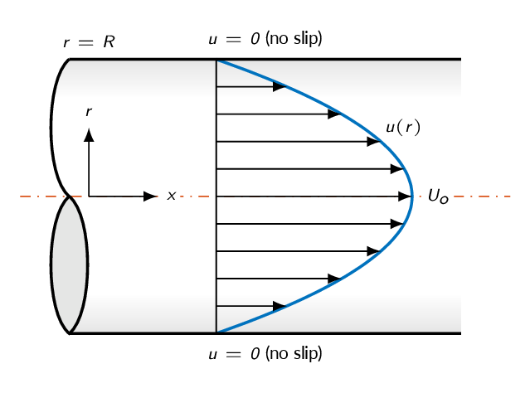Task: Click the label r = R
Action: (x=90, y=42)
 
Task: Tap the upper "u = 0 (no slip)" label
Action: (x=265, y=38)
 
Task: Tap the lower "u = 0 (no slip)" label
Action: (x=265, y=354)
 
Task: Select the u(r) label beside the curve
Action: (x=403, y=128)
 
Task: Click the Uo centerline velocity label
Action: (x=438, y=196)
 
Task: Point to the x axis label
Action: (x=172, y=196)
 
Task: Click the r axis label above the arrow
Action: (x=89, y=111)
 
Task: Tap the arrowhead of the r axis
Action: (x=89, y=135)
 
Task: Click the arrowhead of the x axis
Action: (x=150, y=196)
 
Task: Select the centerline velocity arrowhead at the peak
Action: (x=405, y=196)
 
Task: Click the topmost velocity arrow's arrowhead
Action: (x=280, y=87)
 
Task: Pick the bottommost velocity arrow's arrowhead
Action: (x=280, y=306)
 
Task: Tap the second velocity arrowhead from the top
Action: (x=334, y=114)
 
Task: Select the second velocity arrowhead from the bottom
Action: (x=334, y=279)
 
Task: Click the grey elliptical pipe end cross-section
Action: (x=70, y=265)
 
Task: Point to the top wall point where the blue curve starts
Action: (x=216, y=61)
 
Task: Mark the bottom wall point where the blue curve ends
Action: (x=216, y=332)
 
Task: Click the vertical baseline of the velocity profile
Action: (x=216, y=196)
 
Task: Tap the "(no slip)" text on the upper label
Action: (x=294, y=38)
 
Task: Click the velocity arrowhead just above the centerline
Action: (x=397, y=169)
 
